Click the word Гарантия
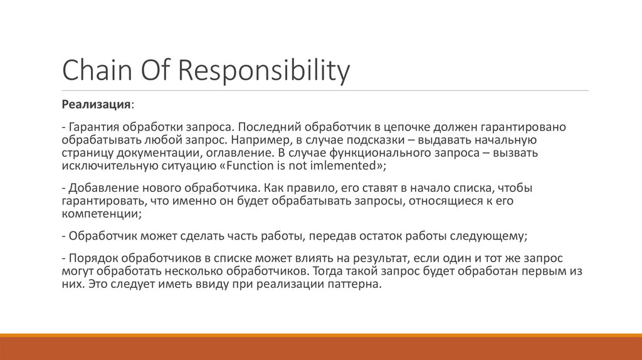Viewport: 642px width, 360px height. pyautogui.click(x=93, y=127)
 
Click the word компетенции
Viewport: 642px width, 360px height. pyautogui.click(x=100, y=213)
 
